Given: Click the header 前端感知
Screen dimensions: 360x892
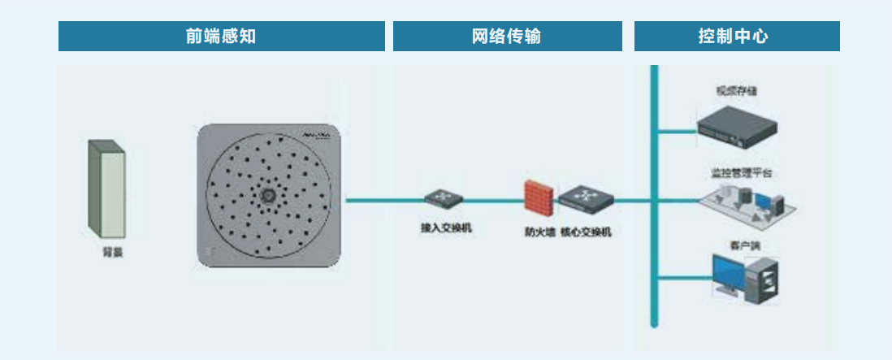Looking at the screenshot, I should click(221, 37).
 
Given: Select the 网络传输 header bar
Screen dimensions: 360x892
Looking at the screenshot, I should click(507, 37).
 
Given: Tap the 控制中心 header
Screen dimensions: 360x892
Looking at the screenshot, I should click(736, 37).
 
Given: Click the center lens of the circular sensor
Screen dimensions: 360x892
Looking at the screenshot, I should click(266, 195).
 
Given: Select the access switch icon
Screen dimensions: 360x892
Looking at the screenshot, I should click(444, 198).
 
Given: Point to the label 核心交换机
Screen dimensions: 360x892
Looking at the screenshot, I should click(585, 232).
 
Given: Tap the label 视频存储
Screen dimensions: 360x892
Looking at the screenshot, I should click(731, 90).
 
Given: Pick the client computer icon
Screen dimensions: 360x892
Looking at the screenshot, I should click(745, 278).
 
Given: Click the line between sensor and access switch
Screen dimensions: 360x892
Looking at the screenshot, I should click(382, 200).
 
